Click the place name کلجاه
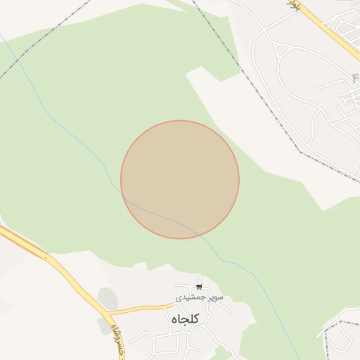pos(185,319)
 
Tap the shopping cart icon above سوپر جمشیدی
pos(200,287)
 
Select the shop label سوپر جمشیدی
pos(200,297)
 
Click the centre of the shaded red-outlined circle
pos(180,180)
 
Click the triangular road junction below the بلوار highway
pos(284,50)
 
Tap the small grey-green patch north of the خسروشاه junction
pos(107,298)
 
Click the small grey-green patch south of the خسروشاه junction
pos(103,326)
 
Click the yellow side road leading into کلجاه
pos(141,308)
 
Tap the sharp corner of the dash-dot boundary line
pos(302,151)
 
